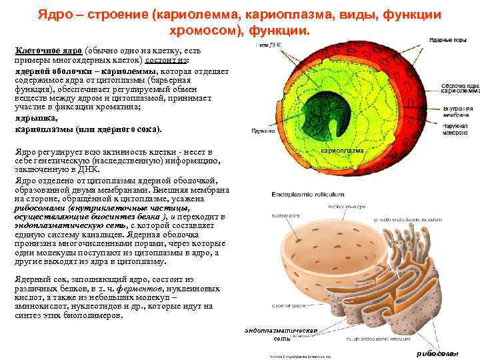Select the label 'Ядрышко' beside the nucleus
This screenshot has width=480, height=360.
261,131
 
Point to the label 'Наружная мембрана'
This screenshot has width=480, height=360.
458,131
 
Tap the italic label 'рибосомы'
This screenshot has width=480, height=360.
437,353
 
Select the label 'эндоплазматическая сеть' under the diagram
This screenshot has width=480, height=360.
279,334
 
